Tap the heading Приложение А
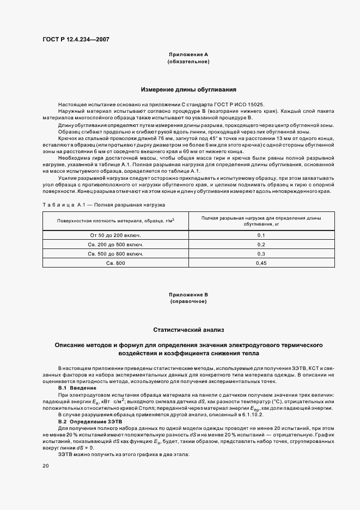pyautogui.click(x=188, y=56)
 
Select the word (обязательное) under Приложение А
pyautogui.click(x=188, y=62)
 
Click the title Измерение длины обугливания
pyautogui.click(x=188, y=89)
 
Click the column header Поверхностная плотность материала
pyautogui.click(x=115, y=220)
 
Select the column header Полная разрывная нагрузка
pyautogui.click(x=261, y=221)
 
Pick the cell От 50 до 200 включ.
pyautogui.click(x=115, y=235)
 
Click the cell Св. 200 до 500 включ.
pyautogui.click(x=115, y=245)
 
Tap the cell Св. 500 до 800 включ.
pyautogui.click(x=115, y=254)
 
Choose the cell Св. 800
pyautogui.click(x=115, y=263)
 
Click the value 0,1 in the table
pyautogui.click(x=261, y=235)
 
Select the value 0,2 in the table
pyautogui.click(x=261, y=245)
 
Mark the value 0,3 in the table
pyautogui.click(x=261, y=254)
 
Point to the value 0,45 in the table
pyautogui.click(x=261, y=263)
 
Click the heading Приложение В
pyautogui.click(x=188, y=295)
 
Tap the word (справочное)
pyautogui.click(x=188, y=301)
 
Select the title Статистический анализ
pyautogui.click(x=188, y=330)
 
